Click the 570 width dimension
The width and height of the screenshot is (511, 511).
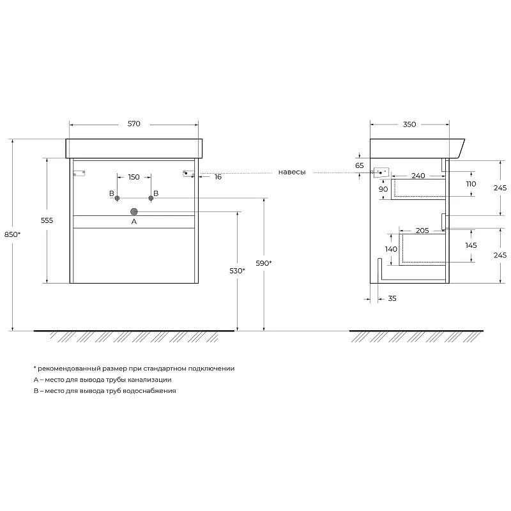pos(134,124)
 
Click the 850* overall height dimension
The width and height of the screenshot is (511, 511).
pos(12,234)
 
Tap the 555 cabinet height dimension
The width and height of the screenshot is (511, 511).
pos(47,220)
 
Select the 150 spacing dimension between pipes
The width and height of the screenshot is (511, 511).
pos(134,178)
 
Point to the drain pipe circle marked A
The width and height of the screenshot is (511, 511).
pos(134,212)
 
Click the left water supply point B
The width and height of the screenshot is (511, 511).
pos(118,198)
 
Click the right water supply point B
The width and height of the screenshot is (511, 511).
pos(151,198)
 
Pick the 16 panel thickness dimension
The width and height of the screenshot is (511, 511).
pos(218,177)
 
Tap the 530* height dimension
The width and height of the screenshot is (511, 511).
pos(237,271)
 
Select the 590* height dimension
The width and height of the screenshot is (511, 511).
pos(264,263)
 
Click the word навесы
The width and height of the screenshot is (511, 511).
pos(292,172)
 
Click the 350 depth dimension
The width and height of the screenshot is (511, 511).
pos(409,125)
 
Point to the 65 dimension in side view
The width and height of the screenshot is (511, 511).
pos(360,165)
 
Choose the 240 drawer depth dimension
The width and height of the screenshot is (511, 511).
pos(418,176)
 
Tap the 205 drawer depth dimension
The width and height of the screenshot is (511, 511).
pos(422,231)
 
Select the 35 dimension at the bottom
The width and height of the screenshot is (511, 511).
pos(392,298)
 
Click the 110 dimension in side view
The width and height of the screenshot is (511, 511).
pos(471,184)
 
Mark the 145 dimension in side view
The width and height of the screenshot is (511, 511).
pos(471,245)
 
